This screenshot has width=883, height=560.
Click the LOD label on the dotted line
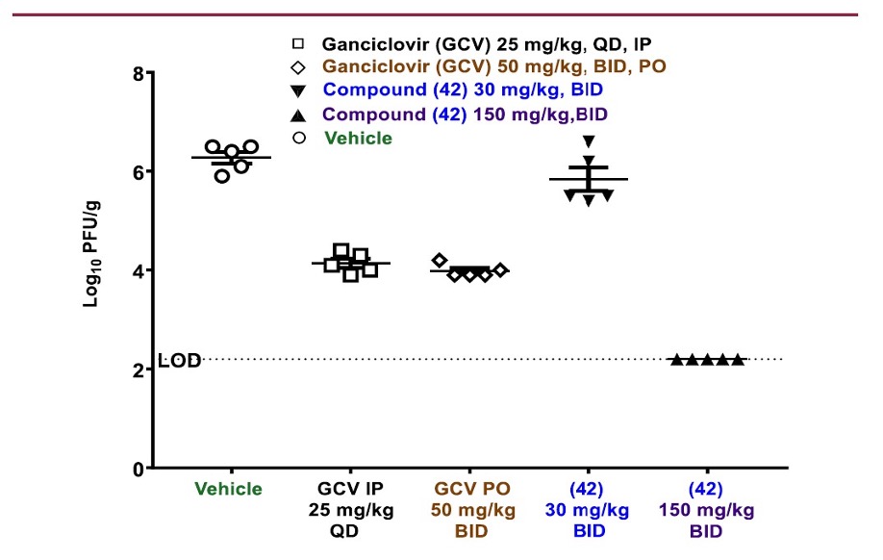[x=179, y=361]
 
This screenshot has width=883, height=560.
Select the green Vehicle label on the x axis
[x=228, y=489]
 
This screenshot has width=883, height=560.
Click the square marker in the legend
[x=299, y=44]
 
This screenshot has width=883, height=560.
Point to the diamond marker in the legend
[x=299, y=67]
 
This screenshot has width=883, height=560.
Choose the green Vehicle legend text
[x=358, y=138]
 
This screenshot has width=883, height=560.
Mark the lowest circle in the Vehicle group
[x=222, y=176]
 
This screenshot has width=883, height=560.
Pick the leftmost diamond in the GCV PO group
[x=440, y=261]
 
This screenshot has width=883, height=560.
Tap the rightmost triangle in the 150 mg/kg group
[x=738, y=360]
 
